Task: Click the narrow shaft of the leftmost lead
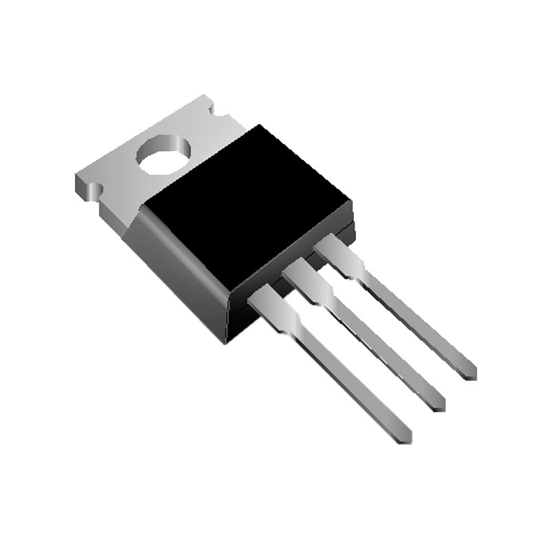coord(344,375)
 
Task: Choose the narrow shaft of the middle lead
coord(379,344)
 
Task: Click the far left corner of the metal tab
coord(76,180)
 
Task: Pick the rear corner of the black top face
coord(257,126)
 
